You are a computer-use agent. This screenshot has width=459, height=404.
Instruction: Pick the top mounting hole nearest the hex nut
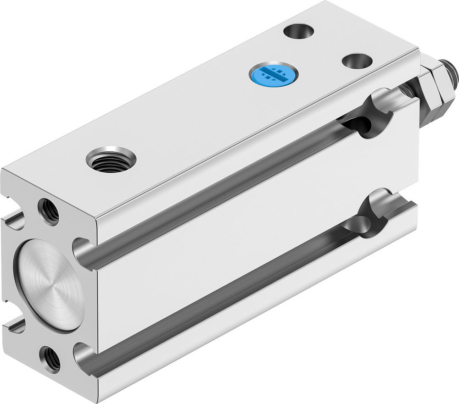coord(357,61)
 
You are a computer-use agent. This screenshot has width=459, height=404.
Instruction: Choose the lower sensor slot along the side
coord(220,293)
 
